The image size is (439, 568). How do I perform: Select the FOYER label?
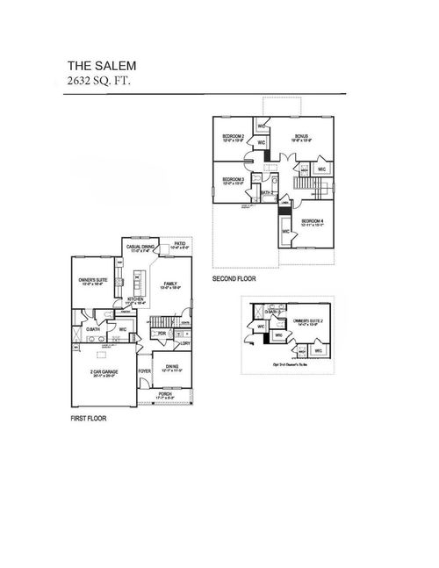[x=143, y=370]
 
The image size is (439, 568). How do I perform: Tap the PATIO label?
[x=179, y=245]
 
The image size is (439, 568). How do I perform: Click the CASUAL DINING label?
[x=142, y=248]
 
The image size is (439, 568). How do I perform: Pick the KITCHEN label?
[x=134, y=299]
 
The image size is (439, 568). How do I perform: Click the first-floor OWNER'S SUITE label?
[x=93, y=282]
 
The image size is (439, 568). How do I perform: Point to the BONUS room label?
[x=301, y=137]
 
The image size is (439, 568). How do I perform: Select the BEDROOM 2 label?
[x=233, y=137]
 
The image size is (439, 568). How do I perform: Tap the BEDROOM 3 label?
[x=233, y=180]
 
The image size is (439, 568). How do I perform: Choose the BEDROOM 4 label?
[x=313, y=221]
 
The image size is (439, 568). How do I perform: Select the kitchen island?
[x=137, y=282]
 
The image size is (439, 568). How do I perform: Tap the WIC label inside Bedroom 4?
[x=286, y=231]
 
